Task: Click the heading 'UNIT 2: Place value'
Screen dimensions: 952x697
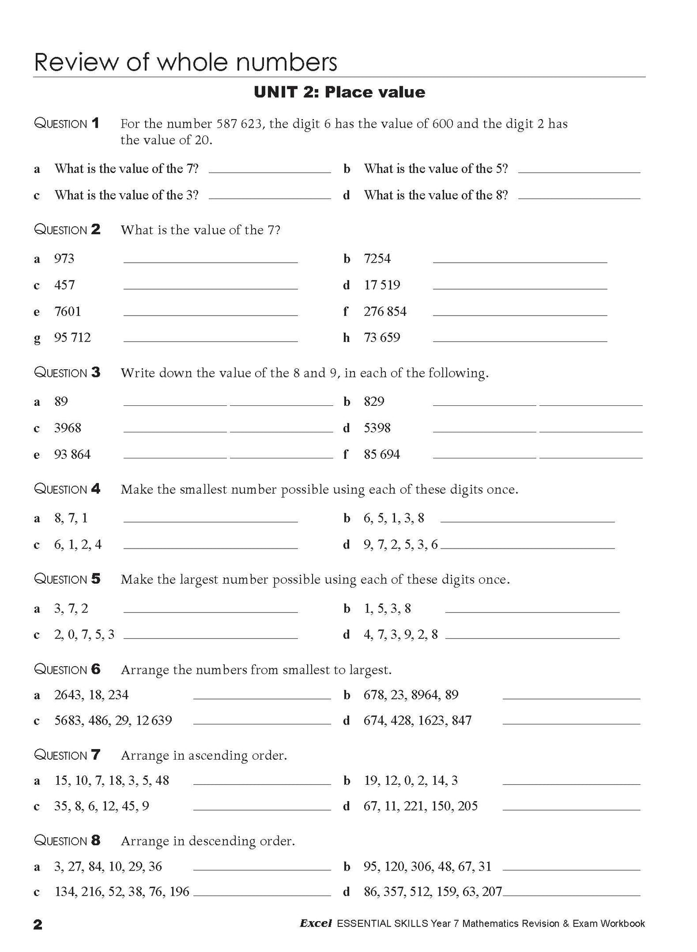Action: click(x=339, y=92)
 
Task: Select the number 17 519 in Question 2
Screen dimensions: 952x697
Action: click(x=382, y=285)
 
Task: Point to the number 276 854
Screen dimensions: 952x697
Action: click(x=385, y=311)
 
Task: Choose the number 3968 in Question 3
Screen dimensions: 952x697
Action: click(x=68, y=428)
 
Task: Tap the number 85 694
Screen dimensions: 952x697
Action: click(x=382, y=455)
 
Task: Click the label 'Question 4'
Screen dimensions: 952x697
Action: click(x=67, y=489)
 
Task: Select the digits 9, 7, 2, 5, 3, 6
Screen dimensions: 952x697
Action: click(x=400, y=545)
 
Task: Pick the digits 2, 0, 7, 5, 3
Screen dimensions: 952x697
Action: click(x=84, y=635)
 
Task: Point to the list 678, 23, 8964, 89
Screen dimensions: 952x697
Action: click(x=411, y=695)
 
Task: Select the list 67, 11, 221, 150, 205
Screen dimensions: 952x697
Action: click(x=421, y=806)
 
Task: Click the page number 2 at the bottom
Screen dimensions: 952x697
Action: click(x=38, y=924)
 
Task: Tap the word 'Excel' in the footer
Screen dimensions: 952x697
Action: click(x=315, y=924)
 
